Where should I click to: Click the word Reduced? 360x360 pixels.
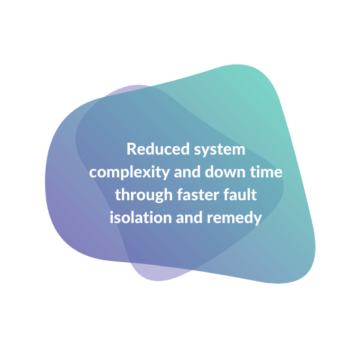click(158, 149)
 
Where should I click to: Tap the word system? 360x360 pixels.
click(220, 151)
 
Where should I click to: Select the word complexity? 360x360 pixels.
click(130, 173)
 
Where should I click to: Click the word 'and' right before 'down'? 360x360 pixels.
click(187, 172)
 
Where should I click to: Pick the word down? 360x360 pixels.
click(225, 172)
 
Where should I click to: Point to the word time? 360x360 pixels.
click(266, 172)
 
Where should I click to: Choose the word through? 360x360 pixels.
click(143, 195)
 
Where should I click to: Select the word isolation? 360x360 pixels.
click(141, 217)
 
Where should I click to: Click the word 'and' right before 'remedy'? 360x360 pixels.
click(189, 217)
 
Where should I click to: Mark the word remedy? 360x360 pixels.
click(234, 218)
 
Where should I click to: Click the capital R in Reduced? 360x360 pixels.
click(132, 149)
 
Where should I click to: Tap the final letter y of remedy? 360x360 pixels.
click(258, 220)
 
